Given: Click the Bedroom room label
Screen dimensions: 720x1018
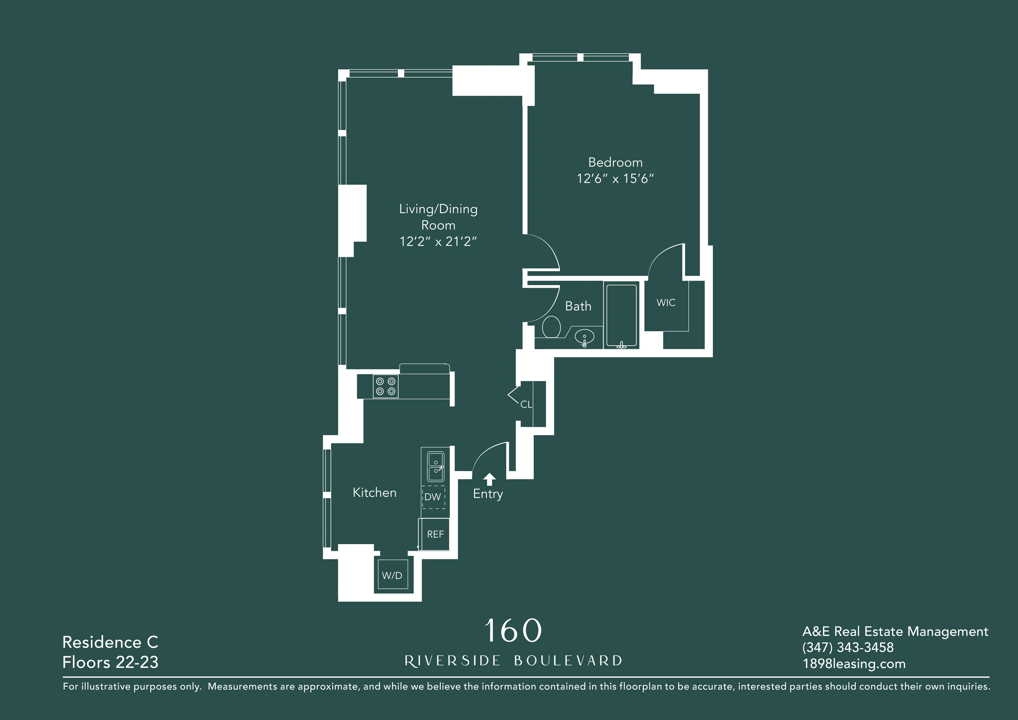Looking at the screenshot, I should pos(615,162).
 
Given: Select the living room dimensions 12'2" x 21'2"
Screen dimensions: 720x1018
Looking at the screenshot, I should pos(438,242).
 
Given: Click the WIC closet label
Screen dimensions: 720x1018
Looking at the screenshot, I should pos(666,302).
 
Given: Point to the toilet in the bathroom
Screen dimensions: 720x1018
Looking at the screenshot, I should pos(551,327).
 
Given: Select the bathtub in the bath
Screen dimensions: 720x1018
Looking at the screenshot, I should pos(621,315).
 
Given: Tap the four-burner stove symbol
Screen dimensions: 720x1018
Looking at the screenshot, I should pos(385,386).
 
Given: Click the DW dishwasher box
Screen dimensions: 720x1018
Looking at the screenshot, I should pos(433,497).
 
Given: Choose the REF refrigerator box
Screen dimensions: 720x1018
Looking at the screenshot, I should pos(435,534).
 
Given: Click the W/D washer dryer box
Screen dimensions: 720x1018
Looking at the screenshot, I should pos(392,575).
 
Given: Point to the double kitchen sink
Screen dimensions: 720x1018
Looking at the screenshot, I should pos(435,466).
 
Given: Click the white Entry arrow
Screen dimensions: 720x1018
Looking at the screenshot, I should pos(489,479).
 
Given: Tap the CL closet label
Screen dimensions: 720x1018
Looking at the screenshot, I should pos(526,404).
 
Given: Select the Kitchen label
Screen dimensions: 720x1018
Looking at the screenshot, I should pos(375,492).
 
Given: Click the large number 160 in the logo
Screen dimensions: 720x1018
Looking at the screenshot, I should pos(513,630).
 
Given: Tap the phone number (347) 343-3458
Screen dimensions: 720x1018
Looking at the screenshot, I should pos(848,647).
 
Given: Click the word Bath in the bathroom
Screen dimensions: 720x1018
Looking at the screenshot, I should pos(578,306).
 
